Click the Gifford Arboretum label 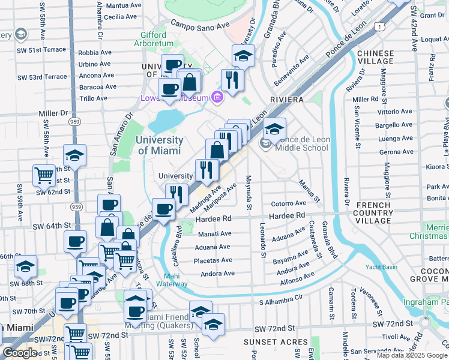(161, 40)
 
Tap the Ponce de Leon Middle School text (303, 143)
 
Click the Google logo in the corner (20, 353)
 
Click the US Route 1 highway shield (379, 26)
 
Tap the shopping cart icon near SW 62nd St (44, 176)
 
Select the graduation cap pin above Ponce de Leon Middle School (274, 129)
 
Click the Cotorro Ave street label (288, 204)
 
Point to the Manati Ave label (214, 233)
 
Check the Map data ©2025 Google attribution (411, 355)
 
